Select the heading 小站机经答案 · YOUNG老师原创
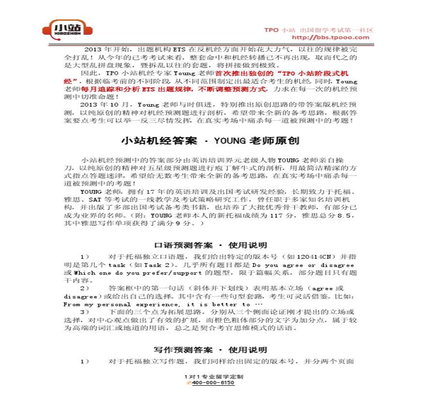click(x=210, y=141)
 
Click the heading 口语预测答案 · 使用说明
click(x=210, y=245)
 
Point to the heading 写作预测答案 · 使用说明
click(x=210, y=349)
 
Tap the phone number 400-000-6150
click(x=213, y=383)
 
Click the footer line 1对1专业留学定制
click(x=210, y=377)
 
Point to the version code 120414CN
click(x=311, y=257)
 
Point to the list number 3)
click(x=85, y=313)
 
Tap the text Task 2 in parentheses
click(x=158, y=265)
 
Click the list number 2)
click(x=85, y=288)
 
